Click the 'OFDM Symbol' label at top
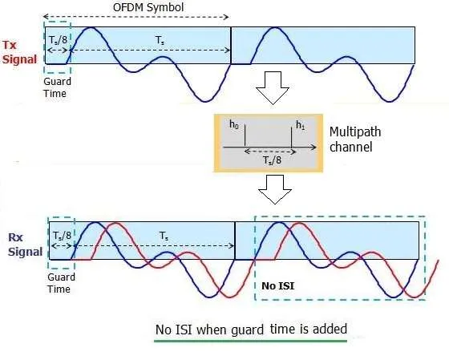(148, 7)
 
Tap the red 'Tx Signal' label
(20, 52)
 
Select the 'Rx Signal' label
(25, 245)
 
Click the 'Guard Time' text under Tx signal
(57, 87)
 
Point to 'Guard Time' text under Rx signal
(61, 283)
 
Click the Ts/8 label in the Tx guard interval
(58, 40)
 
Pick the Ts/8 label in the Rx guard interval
(63, 236)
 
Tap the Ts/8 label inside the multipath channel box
(272, 160)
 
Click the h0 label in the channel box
(234, 124)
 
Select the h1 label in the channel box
(301, 125)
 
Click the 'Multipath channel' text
(355, 140)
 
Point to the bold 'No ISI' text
(277, 285)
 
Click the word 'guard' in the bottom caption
(248, 330)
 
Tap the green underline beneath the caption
(250, 341)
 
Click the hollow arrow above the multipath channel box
(273, 87)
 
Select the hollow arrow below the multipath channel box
(275, 189)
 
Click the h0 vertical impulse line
(245, 135)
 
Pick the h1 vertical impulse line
(292, 137)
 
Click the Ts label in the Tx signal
(160, 40)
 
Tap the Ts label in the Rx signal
(164, 236)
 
